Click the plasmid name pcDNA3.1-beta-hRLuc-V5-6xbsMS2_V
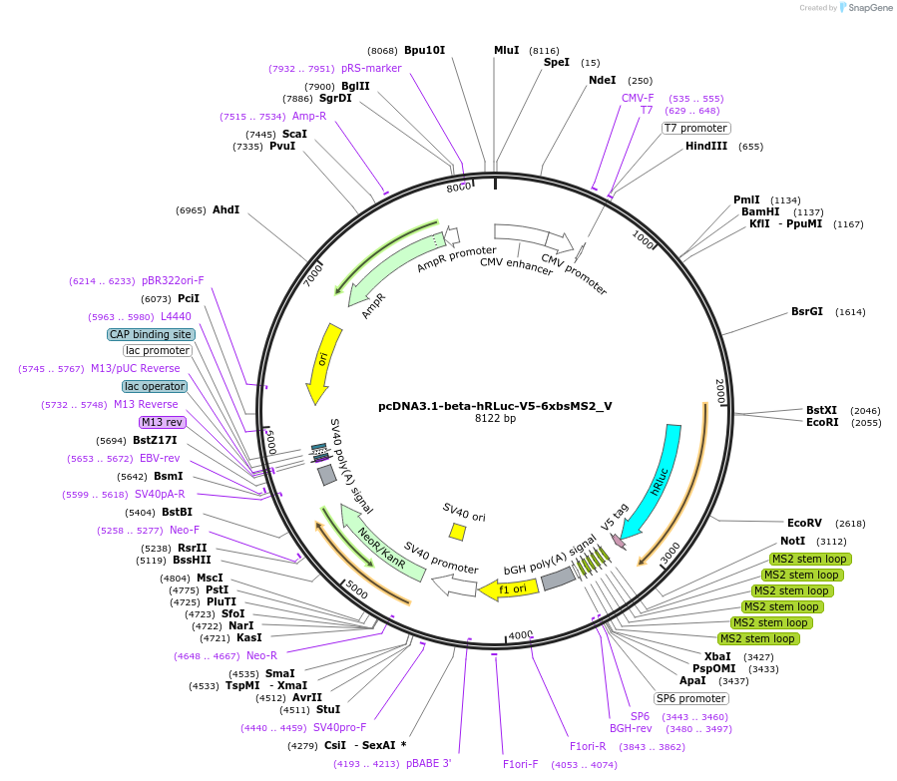click(495, 406)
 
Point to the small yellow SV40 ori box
click(458, 532)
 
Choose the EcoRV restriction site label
click(804, 523)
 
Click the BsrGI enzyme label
click(806, 311)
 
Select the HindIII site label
click(706, 147)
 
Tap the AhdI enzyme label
click(226, 210)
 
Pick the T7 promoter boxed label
click(696, 128)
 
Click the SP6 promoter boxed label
click(690, 698)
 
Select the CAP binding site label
click(151, 334)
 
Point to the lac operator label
click(155, 386)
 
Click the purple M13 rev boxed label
click(162, 422)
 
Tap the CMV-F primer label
click(638, 98)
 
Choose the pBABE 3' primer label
click(429, 763)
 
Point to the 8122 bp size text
click(495, 419)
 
